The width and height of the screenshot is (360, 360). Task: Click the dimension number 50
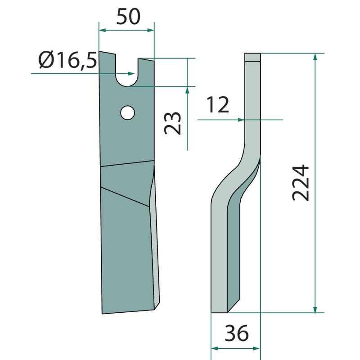point(128,17)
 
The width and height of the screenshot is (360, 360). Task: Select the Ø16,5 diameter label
point(67,60)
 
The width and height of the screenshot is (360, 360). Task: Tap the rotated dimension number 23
point(173,123)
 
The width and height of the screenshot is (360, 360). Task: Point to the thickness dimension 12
point(218,104)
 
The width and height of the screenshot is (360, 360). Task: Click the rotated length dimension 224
point(301,183)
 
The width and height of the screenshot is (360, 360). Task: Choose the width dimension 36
point(237,333)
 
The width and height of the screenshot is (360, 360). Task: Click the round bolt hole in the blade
point(127,112)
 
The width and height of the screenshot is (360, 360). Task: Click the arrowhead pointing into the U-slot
point(131,73)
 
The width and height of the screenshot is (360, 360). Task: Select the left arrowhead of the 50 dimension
point(102,30)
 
